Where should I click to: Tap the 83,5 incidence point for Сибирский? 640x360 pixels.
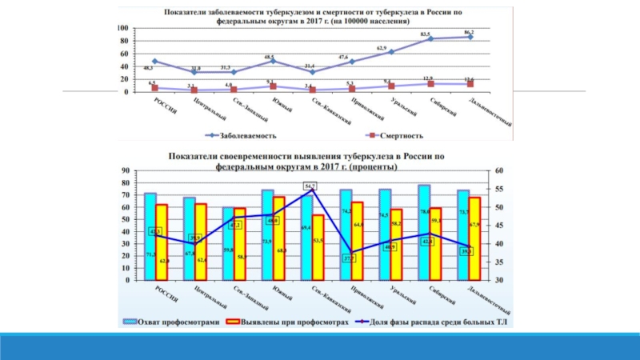point(430,38)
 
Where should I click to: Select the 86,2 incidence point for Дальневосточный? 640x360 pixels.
point(470,37)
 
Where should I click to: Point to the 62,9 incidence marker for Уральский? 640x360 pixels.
point(391,51)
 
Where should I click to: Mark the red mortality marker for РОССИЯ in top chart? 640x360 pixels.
point(154,87)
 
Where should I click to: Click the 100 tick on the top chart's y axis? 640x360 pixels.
point(122,28)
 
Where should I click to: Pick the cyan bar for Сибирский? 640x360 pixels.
point(424,232)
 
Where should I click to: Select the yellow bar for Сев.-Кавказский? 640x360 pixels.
point(318,247)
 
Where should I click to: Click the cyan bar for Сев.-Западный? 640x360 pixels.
point(228,243)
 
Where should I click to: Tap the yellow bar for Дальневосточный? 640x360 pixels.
point(474,238)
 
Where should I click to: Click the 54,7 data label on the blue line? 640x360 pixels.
point(310,186)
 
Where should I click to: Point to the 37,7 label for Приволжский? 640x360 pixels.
point(350,258)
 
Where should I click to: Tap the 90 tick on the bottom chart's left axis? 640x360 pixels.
point(125,170)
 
